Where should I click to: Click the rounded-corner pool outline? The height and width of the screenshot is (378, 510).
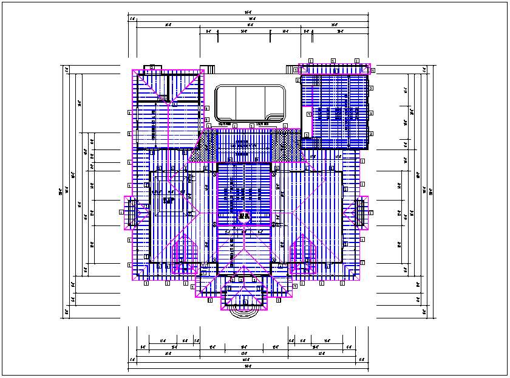tap(250, 103)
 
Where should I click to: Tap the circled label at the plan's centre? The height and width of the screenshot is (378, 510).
tap(245, 215)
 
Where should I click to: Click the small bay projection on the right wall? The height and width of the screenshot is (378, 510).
tap(360, 213)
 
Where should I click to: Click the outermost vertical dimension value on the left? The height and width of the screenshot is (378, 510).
tap(60, 192)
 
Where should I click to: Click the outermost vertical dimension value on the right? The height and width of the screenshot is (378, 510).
tap(431, 192)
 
